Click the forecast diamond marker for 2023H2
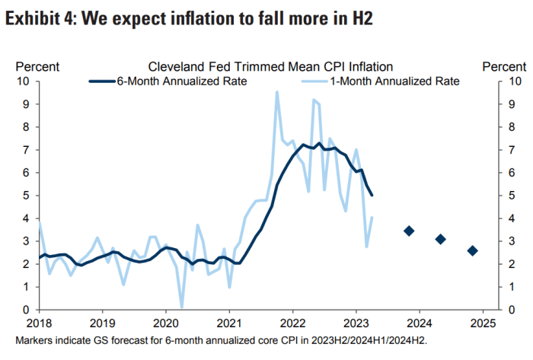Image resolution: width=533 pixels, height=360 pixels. pyautogui.click(x=409, y=231)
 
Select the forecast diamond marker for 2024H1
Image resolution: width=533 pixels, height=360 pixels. pyautogui.click(x=440, y=239)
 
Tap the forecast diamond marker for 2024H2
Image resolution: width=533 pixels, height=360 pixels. pyautogui.click(x=472, y=250)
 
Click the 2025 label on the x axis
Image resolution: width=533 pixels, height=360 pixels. pyautogui.click(x=484, y=323)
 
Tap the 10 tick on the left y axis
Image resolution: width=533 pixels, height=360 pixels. pyautogui.click(x=23, y=81)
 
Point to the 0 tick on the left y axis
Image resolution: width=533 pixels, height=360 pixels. pyautogui.click(x=26, y=311)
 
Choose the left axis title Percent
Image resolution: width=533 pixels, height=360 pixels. pyautogui.click(x=37, y=67)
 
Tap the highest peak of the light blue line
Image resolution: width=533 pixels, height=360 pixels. pyautogui.click(x=276, y=92)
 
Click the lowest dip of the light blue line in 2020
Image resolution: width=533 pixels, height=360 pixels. pyautogui.click(x=181, y=307)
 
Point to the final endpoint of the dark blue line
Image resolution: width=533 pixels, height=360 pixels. pyautogui.click(x=372, y=196)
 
